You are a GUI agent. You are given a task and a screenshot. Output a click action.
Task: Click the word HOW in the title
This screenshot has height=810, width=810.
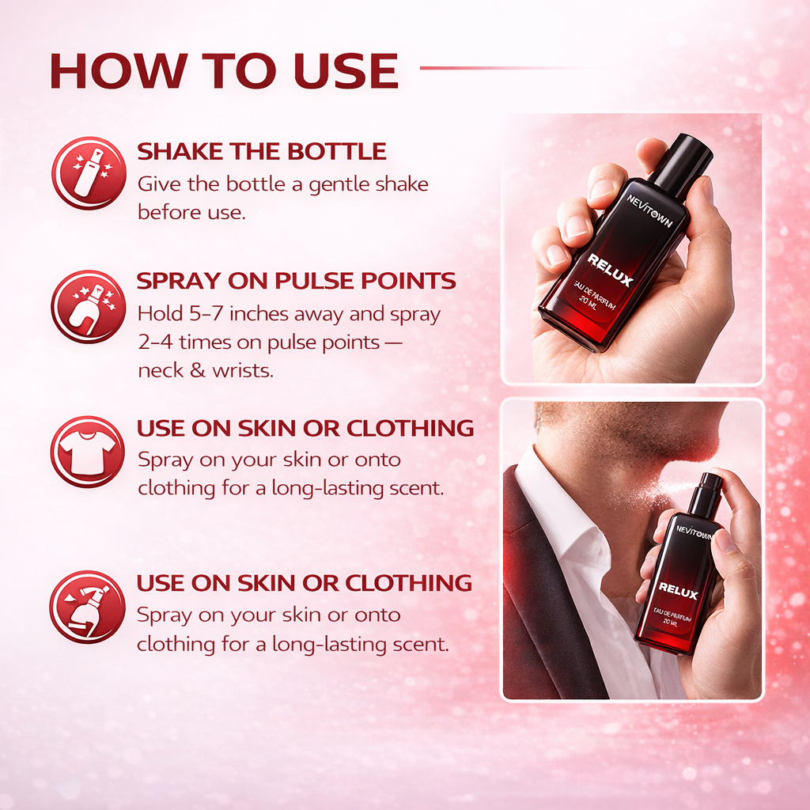click(x=119, y=70)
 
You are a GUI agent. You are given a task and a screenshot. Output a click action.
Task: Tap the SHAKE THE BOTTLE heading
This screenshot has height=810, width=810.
click(x=262, y=151)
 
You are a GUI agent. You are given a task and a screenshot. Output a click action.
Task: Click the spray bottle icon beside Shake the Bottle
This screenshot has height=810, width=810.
click(x=89, y=173)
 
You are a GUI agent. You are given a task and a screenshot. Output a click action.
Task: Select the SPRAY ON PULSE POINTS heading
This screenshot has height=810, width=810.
click(x=296, y=281)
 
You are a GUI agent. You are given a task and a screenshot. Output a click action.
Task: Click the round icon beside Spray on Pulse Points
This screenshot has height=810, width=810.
click(x=89, y=306)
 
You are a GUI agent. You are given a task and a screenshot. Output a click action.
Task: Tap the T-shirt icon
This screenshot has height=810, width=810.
click(x=87, y=452)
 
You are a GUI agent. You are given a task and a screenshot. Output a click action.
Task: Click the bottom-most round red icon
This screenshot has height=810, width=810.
click(x=87, y=607)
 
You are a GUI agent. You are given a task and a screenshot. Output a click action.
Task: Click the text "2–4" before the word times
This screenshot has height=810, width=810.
click(x=155, y=343)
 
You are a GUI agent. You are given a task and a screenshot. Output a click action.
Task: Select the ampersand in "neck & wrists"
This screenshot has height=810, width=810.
click(x=198, y=370)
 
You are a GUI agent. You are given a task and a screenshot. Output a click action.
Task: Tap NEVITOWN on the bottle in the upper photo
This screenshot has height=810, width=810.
click(x=650, y=210)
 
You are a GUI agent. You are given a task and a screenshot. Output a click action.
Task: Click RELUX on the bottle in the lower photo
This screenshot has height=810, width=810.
click(x=678, y=590)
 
